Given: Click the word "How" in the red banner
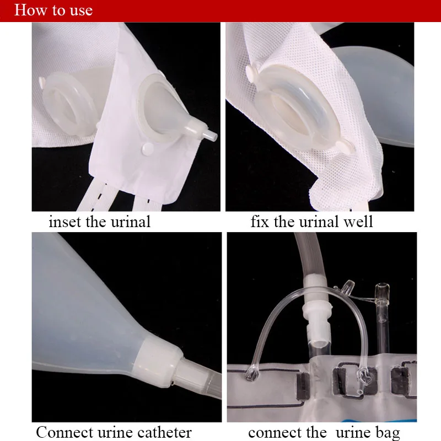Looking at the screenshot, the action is coord(31,10).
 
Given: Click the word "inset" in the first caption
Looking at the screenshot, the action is coord(65,222).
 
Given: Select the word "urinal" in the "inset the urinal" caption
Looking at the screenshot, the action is coord(131,222).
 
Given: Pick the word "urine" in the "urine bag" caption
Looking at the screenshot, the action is coord(353,433).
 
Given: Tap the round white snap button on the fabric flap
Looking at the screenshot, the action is coord(148,148).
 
